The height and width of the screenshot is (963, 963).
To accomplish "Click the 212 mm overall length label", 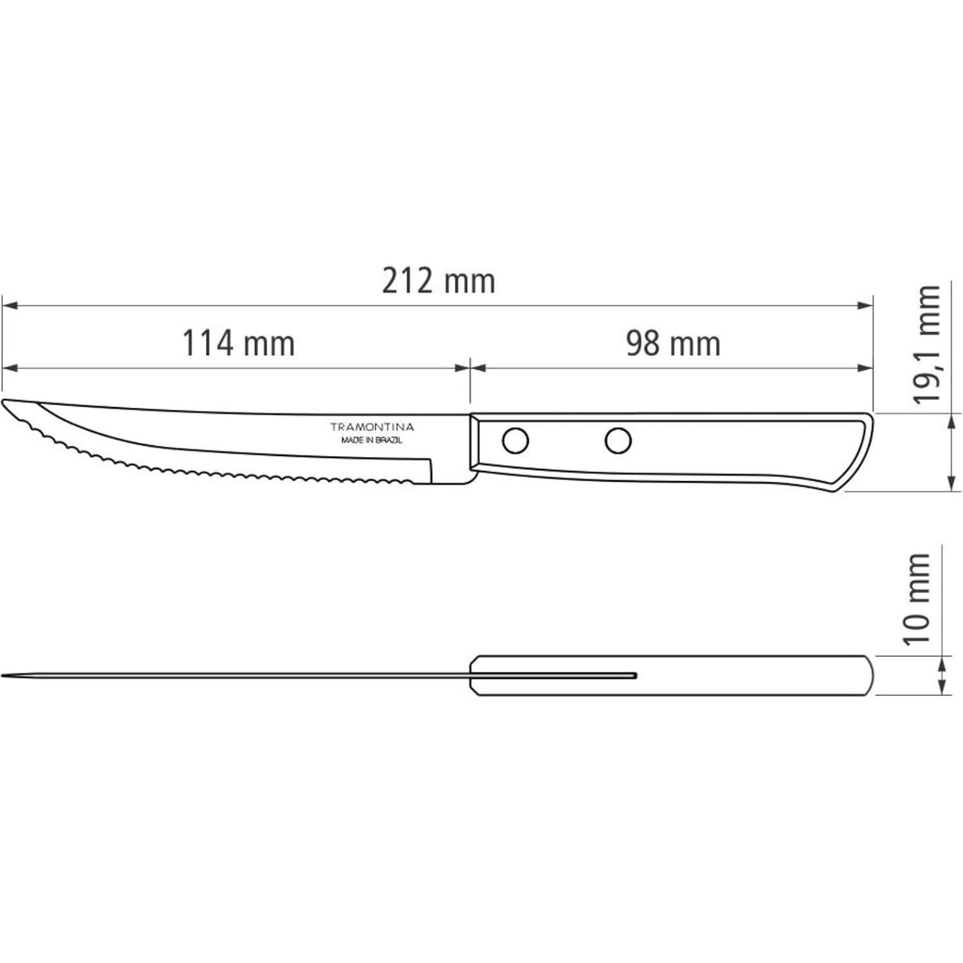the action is pos(439,281).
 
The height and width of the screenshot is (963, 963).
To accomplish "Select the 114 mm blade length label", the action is pos(239,343).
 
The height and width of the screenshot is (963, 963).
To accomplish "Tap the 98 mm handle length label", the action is pos(674,343).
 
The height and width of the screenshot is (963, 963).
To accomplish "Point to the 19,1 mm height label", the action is pos(927,344).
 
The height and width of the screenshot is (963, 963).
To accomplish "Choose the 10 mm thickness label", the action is pos(917,598).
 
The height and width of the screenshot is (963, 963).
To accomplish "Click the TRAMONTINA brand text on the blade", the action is pos(372,427).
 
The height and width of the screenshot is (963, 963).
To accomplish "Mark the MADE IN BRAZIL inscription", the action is pos(372,441).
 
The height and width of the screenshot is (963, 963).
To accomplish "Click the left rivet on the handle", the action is pos(515,441).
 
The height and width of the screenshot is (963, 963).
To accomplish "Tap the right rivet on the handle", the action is pos(618,441).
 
